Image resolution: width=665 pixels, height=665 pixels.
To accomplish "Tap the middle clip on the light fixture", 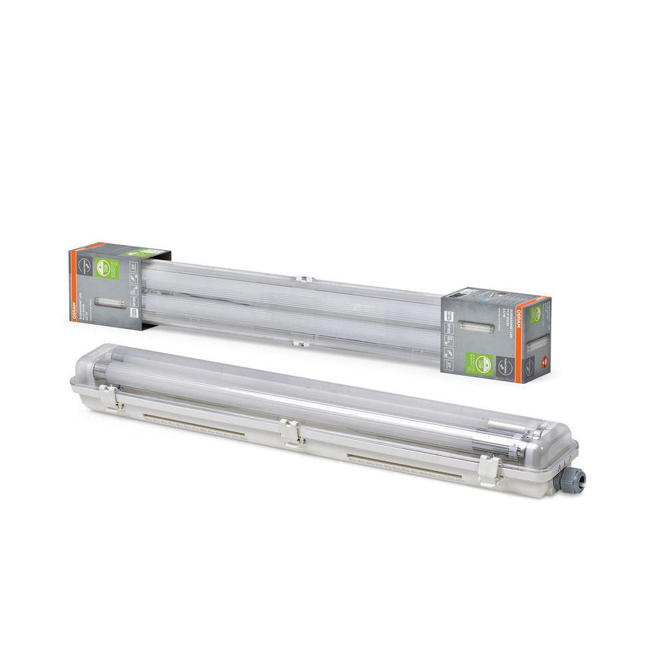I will pos(289,432).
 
